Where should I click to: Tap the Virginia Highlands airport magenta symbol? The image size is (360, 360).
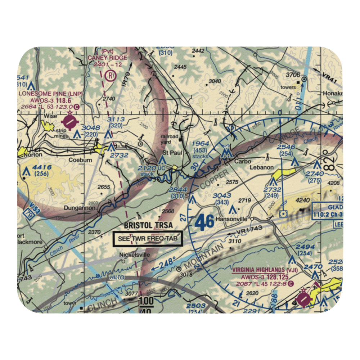(x=303, y=298)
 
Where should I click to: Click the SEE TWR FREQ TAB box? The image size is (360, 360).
(x=148, y=239)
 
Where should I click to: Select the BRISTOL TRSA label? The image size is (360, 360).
(x=148, y=225)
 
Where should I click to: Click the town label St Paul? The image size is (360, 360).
(x=171, y=153)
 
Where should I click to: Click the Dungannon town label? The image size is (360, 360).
(x=80, y=208)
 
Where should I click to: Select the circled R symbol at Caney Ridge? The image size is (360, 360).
(x=110, y=76)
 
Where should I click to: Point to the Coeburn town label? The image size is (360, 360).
(x=80, y=160)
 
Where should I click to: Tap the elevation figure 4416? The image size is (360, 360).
(x=42, y=167)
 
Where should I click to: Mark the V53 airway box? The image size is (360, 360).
(x=28, y=214)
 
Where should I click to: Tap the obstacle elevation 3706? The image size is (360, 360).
(x=293, y=75)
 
